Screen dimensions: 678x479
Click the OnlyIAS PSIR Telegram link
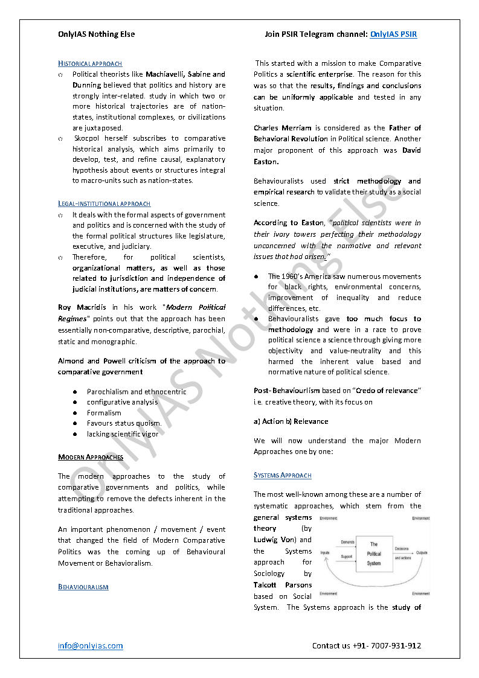click(x=393, y=34)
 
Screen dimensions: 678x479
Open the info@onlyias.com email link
click(x=91, y=645)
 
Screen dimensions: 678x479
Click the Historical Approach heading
click(x=90, y=63)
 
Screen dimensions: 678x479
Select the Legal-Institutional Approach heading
click(x=104, y=204)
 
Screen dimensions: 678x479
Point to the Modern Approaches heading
click(x=91, y=457)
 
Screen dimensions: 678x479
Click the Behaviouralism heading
click(x=83, y=587)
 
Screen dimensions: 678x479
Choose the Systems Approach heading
click(x=283, y=476)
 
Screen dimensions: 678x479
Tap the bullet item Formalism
click(x=104, y=413)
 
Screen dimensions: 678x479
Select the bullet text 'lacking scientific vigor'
click(x=123, y=434)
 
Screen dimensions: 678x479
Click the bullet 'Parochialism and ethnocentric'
click(x=137, y=391)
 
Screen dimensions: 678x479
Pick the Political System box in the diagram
click(x=374, y=553)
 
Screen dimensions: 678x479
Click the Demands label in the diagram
click(x=347, y=542)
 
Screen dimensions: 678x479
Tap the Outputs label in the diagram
click(x=422, y=552)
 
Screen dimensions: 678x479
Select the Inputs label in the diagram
click(x=325, y=552)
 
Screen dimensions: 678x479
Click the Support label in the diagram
click(x=346, y=557)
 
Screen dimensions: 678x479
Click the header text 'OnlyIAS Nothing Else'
click(x=97, y=34)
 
